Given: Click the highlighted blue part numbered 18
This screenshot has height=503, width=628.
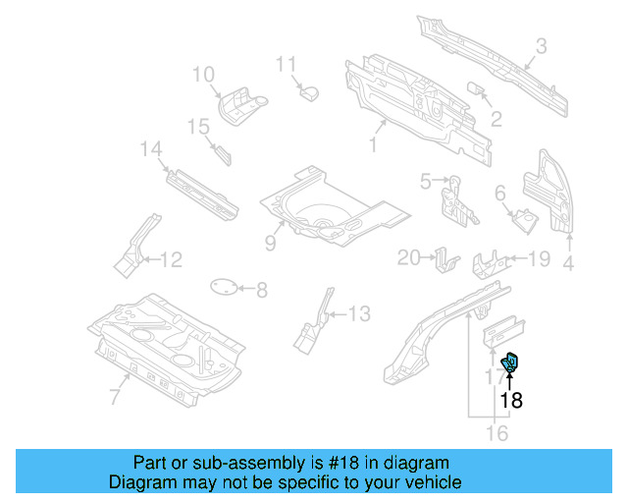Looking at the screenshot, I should click(x=510, y=364).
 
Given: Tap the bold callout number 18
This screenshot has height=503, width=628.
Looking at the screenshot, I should click(x=510, y=400).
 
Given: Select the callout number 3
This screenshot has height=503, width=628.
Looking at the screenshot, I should click(x=541, y=45).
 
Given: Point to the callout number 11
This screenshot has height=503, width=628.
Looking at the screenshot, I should click(x=286, y=64).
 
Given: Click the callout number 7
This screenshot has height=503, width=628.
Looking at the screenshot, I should click(x=115, y=398).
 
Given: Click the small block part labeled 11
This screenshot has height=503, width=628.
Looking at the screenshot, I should click(x=311, y=92).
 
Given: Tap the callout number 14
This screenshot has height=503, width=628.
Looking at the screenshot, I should click(x=150, y=149).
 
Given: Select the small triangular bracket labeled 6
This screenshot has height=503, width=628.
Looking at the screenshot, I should click(x=524, y=218).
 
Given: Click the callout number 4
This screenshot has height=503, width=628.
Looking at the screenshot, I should click(x=567, y=262).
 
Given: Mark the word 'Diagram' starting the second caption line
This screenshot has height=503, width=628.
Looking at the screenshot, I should click(x=138, y=482).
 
